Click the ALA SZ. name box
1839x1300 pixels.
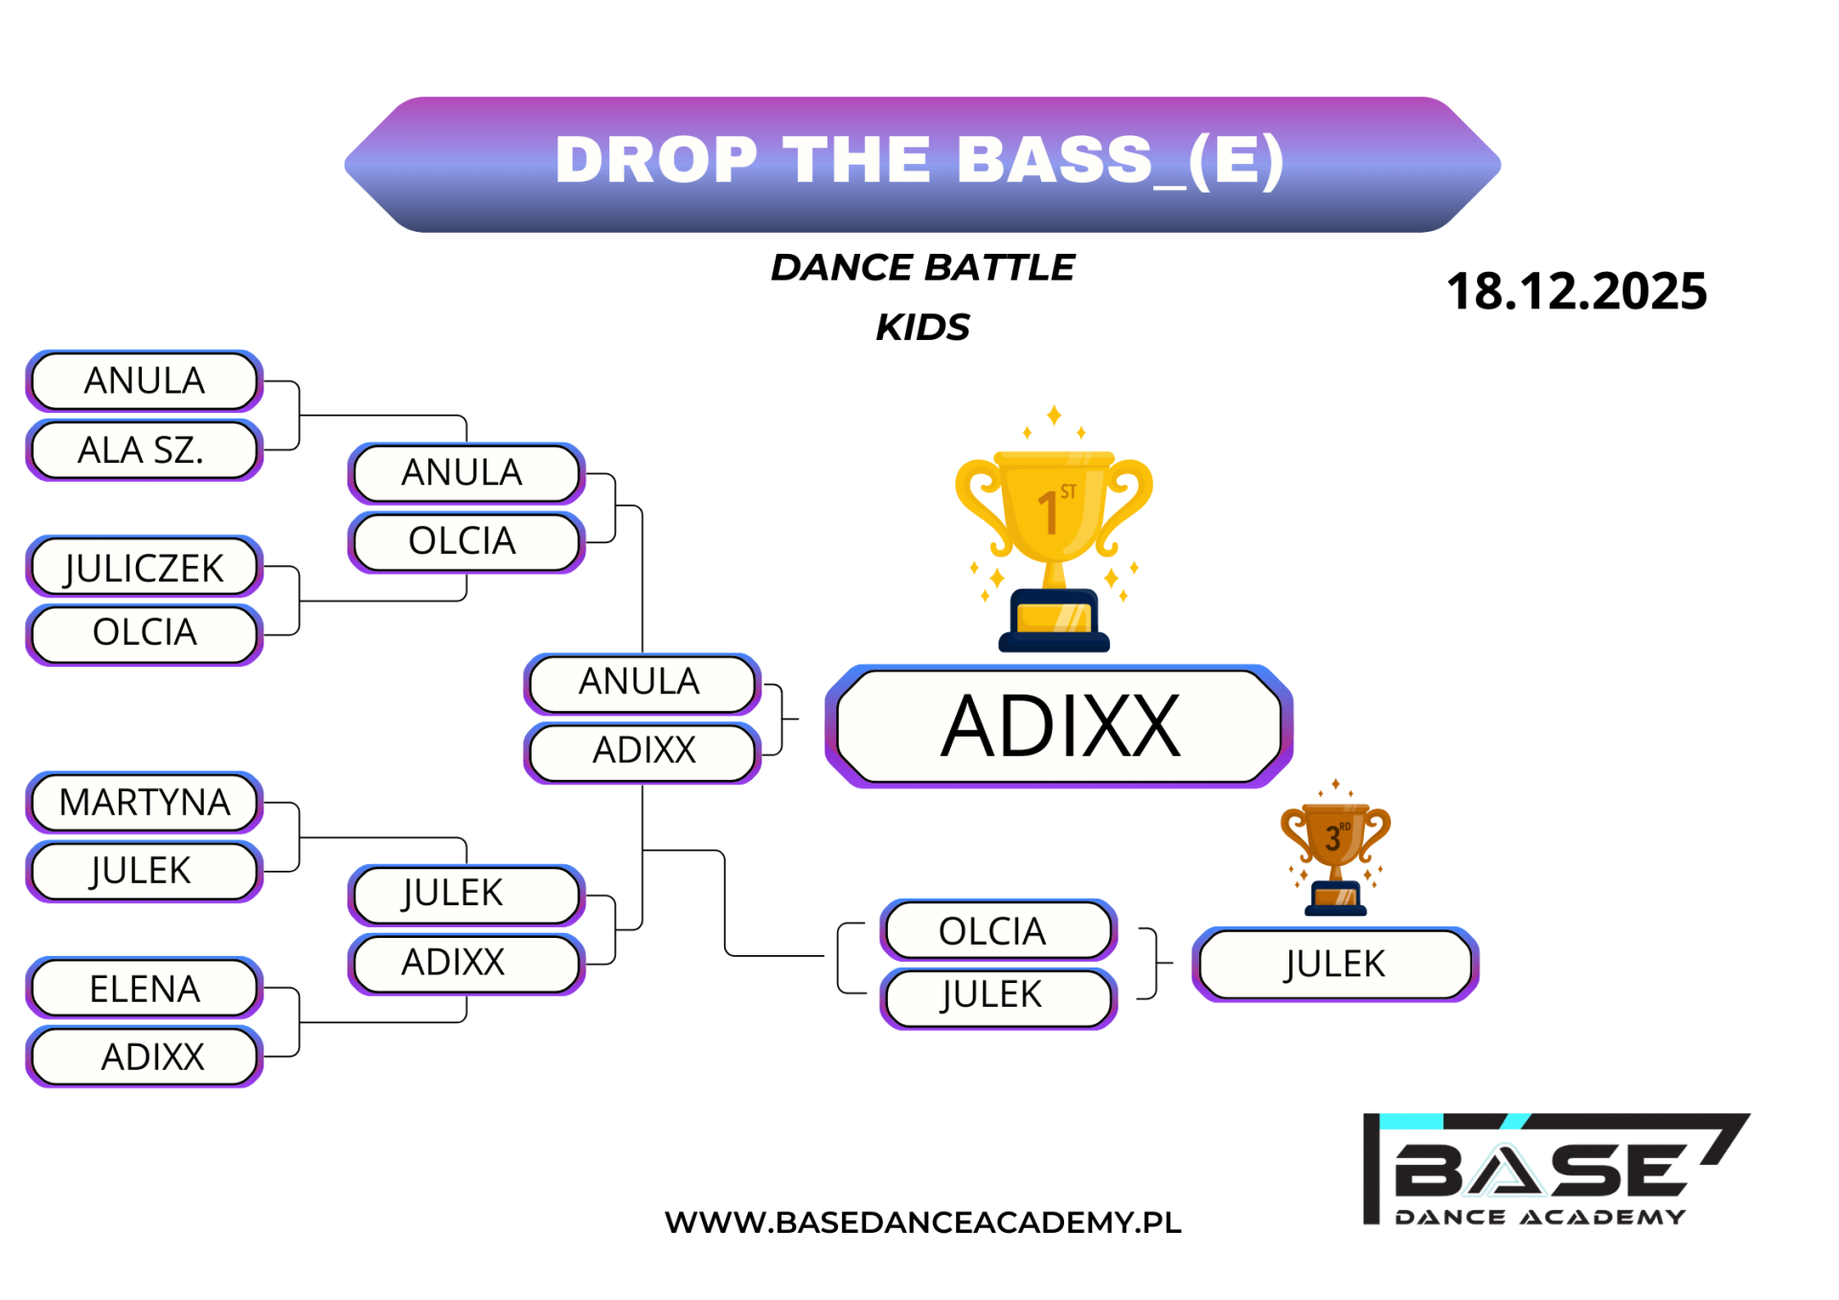point(145,449)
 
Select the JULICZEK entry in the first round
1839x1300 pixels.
point(145,567)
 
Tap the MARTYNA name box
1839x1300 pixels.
point(145,802)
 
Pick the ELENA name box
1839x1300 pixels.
point(145,988)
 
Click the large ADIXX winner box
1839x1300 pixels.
point(1059,726)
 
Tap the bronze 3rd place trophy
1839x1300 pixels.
point(1335,848)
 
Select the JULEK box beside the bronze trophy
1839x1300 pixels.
point(1335,964)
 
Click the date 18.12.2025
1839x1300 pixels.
point(1577,291)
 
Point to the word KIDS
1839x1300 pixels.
point(922,328)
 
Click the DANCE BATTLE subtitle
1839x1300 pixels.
point(922,267)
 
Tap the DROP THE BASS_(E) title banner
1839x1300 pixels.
point(922,164)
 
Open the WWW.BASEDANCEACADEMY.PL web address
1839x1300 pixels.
point(922,1222)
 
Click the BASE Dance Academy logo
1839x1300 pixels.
point(1555,1170)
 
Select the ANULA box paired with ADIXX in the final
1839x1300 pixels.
point(642,682)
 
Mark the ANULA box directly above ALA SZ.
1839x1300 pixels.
point(145,381)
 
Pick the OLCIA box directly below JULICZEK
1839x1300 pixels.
point(145,633)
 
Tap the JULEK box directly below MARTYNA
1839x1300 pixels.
point(145,871)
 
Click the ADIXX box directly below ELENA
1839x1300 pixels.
point(145,1057)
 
